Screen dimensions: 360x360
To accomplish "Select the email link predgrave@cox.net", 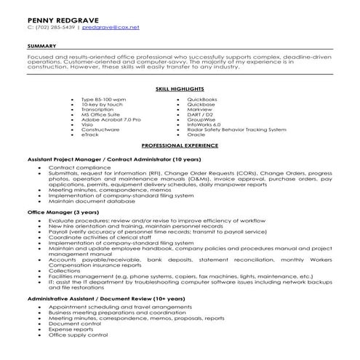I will (x=101, y=27).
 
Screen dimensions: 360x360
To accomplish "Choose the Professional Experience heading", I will (x=180, y=145).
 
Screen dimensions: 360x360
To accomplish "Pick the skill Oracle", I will (x=196, y=135).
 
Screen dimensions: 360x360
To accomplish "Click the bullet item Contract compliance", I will (x=73, y=167).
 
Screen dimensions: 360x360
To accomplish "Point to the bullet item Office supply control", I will (x=78, y=335).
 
